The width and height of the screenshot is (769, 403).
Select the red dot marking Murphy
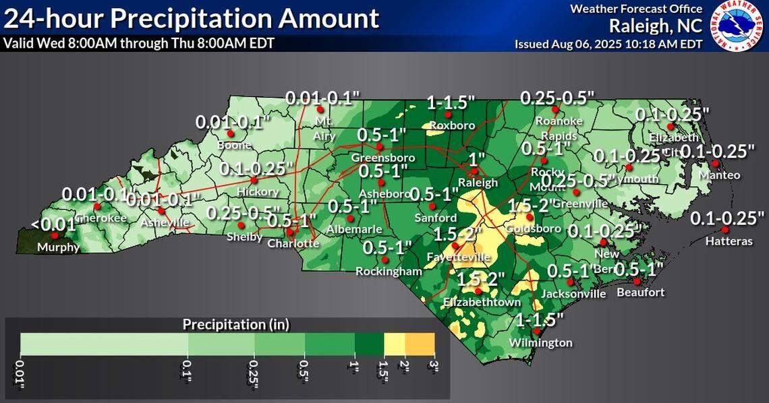pos(55,236)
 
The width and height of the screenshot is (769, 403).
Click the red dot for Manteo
pos(715,163)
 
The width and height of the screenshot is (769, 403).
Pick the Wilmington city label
pos(540,343)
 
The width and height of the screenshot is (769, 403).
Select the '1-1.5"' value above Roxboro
pos(450,103)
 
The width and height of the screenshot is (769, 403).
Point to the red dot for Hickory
pos(254,180)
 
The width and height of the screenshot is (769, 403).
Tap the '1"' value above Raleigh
pos(477,160)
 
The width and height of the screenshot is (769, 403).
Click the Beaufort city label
pos(640,292)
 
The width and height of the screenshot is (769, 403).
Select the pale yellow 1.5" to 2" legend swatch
pos(394,344)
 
